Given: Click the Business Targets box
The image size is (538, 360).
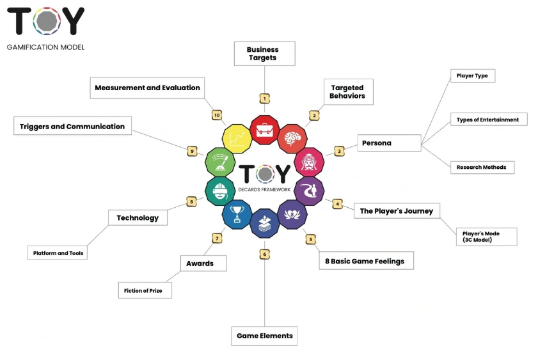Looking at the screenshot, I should pyautogui.click(x=263, y=54).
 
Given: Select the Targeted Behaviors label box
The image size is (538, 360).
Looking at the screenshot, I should pyautogui.click(x=347, y=92).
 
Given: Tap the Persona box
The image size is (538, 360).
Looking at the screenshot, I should pyautogui.click(x=389, y=143).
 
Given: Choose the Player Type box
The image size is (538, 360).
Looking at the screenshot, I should pyautogui.click(x=472, y=75).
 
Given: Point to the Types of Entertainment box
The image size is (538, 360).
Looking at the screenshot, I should pyautogui.click(x=488, y=120).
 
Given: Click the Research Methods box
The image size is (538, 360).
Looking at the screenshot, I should pyautogui.click(x=481, y=167).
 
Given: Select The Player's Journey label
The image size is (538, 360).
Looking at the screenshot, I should pyautogui.click(x=397, y=211).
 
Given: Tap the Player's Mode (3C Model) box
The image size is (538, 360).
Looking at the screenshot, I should pyautogui.click(x=486, y=237).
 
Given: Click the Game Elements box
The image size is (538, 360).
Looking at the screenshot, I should pyautogui.click(x=264, y=336).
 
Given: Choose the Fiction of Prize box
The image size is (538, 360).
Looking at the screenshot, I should pyautogui.click(x=145, y=290).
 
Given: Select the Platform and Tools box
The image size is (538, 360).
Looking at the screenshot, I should pyautogui.click(x=58, y=253).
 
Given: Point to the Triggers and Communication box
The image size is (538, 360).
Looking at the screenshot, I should pyautogui.click(x=72, y=127).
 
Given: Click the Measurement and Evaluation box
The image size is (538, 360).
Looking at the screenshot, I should pyautogui.click(x=147, y=88).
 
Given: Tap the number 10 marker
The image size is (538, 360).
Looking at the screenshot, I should pyautogui.click(x=217, y=115).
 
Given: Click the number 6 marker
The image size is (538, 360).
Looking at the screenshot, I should pyautogui.click(x=264, y=254).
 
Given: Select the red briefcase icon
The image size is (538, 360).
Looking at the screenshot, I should pyautogui.click(x=264, y=130).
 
